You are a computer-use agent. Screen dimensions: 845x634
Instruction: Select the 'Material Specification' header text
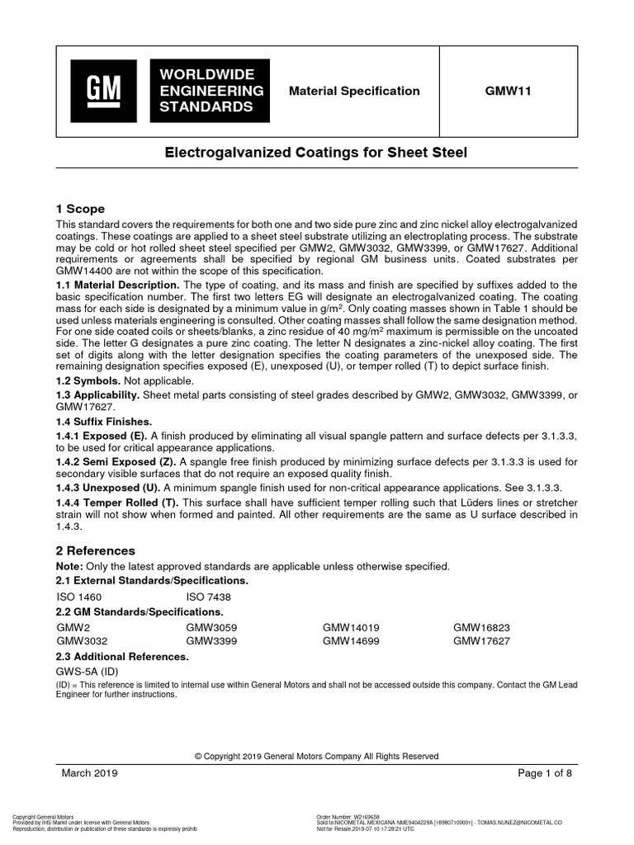pyautogui.click(x=354, y=92)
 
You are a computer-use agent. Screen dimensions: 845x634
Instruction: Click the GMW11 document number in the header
pyautogui.click(x=508, y=92)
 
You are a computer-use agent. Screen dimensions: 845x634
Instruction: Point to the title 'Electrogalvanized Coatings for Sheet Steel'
pyautogui.click(x=316, y=153)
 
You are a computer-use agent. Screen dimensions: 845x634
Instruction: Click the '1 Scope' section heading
pyautogui.click(x=80, y=209)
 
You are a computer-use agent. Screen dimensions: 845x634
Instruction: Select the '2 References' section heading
pyautogui.click(x=95, y=550)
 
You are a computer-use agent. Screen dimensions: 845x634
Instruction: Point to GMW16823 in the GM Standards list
pyautogui.click(x=481, y=628)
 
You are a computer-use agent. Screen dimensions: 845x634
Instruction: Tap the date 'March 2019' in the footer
pyautogui.click(x=90, y=773)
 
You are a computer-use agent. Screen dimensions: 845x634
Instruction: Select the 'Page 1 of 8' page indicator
pyautogui.click(x=545, y=773)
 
